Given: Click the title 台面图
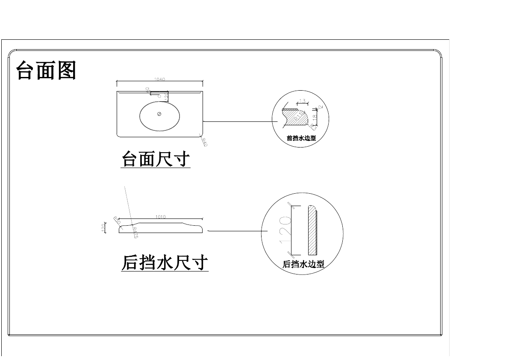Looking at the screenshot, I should pyautogui.click(x=46, y=71).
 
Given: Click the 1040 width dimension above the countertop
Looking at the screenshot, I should pyautogui.click(x=159, y=79).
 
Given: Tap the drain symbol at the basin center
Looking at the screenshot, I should pyautogui.click(x=159, y=114).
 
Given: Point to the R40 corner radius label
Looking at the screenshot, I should pyautogui.click(x=204, y=142).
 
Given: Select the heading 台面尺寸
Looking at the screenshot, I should pyautogui.click(x=156, y=160).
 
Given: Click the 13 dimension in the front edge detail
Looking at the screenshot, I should pyautogui.click(x=302, y=101).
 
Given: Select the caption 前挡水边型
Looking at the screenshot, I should pyautogui.click(x=301, y=138).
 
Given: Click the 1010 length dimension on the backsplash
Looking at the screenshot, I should pyautogui.click(x=160, y=217).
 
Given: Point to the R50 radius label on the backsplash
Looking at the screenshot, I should pyautogui.click(x=117, y=221).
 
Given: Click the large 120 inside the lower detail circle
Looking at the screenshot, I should pyautogui.click(x=285, y=230).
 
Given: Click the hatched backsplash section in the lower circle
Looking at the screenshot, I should pyautogui.click(x=312, y=230).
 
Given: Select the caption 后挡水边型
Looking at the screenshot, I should pyautogui.click(x=303, y=264).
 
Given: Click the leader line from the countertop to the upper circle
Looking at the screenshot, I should pyautogui.click(x=239, y=122).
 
